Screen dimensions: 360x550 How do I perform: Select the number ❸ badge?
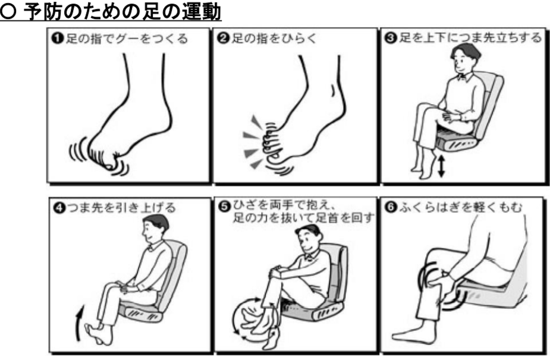click(389, 38)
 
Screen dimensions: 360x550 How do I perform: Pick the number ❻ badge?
click(389, 208)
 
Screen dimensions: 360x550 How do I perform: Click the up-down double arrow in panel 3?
click(441, 167)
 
